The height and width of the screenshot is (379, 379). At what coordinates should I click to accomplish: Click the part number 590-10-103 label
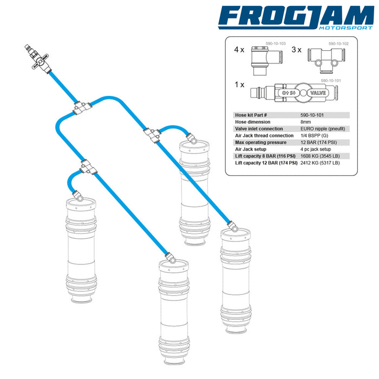pyautogui.click(x=276, y=43)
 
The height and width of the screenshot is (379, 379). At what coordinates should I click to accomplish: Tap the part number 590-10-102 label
pyautogui.click(x=338, y=44)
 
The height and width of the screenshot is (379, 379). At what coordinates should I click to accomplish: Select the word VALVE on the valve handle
pyautogui.click(x=318, y=93)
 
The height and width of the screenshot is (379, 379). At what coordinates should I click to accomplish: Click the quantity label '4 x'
pyautogui.click(x=239, y=50)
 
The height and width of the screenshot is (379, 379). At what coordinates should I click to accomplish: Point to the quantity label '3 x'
pyautogui.click(x=296, y=50)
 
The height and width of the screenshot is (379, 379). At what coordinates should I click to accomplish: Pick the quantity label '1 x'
pyautogui.click(x=239, y=84)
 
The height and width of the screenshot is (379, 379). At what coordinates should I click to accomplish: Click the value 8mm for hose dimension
pyautogui.click(x=305, y=122)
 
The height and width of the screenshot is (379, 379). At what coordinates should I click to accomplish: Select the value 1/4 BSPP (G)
pyautogui.click(x=314, y=135)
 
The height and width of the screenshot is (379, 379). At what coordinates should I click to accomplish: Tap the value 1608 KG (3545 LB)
pyautogui.click(x=320, y=156)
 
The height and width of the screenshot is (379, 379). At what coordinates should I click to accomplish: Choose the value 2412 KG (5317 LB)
pyautogui.click(x=320, y=163)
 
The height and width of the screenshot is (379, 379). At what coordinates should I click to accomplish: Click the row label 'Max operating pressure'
pyautogui.click(x=260, y=142)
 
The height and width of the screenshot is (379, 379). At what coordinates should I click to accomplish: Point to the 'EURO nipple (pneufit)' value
pyautogui.click(x=323, y=129)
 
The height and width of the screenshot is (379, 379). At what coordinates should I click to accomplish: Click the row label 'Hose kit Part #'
pyautogui.click(x=251, y=115)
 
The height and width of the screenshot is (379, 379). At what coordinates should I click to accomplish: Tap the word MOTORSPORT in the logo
pyautogui.click(x=345, y=28)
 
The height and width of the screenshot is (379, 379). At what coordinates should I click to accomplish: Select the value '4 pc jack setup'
pyautogui.click(x=316, y=149)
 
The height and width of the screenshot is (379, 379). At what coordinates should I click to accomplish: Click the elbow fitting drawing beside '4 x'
pyautogui.click(x=266, y=61)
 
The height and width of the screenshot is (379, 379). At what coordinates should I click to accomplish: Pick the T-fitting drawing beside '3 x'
pyautogui.click(x=326, y=61)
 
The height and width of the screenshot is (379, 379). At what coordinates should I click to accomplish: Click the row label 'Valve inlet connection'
pyautogui.click(x=259, y=129)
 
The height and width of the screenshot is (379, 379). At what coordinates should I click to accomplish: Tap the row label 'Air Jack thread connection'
pyautogui.click(x=264, y=135)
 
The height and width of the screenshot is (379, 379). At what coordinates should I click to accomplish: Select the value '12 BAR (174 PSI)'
pyautogui.click(x=318, y=142)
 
